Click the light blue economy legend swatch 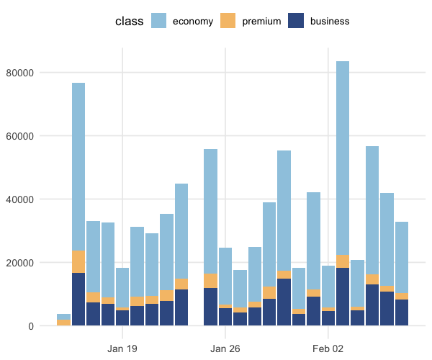click(x=158, y=21)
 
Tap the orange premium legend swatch click(x=228, y=21)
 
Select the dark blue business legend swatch click(x=296, y=21)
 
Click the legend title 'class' click(x=129, y=21)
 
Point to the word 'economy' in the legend click(x=193, y=22)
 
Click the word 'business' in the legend click(x=330, y=21)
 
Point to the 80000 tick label click(x=19, y=73)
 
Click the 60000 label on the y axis click(x=19, y=136)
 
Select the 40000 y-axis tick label click(x=19, y=199)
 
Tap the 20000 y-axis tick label click(x=19, y=263)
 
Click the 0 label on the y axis click(x=31, y=326)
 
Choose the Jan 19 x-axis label click(x=122, y=349)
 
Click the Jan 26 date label click(x=225, y=349)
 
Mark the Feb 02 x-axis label click(x=328, y=349)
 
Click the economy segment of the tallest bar click(x=343, y=158)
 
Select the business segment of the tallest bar click(x=343, y=297)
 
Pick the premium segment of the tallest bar click(x=343, y=261)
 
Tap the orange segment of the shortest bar click(x=63, y=323)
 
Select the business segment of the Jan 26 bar click(x=225, y=317)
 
